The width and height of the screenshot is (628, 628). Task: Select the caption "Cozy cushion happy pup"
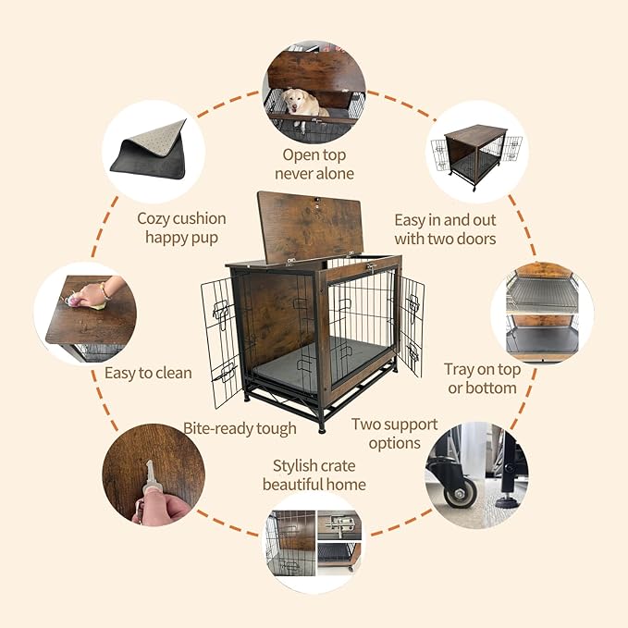pyautogui.click(x=181, y=228)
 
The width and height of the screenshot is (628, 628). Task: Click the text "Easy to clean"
pyautogui.click(x=148, y=374)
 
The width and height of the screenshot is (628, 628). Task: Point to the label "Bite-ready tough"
pyautogui.click(x=240, y=428)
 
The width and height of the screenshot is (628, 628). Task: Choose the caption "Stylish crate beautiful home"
pyautogui.click(x=314, y=474)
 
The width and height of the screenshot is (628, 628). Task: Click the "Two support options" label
pyautogui.click(x=394, y=433)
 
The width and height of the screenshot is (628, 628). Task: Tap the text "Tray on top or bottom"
pyautogui.click(x=481, y=378)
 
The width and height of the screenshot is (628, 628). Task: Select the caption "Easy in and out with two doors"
pyautogui.click(x=445, y=229)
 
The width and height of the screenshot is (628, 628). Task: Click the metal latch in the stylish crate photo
pyautogui.click(x=342, y=528)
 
